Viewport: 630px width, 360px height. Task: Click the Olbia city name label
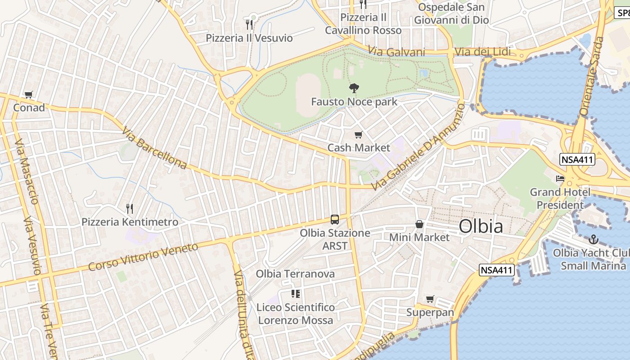point(481,226)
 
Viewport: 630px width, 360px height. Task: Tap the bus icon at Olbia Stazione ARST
point(335,220)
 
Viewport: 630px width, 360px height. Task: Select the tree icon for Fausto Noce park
point(354,88)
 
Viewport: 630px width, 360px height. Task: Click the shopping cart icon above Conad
point(29,94)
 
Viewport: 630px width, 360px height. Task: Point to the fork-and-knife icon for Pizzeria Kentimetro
point(130,208)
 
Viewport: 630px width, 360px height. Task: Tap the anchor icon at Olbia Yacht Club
point(594,239)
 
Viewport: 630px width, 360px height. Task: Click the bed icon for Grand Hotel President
point(560,179)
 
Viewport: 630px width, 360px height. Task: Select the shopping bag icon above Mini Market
point(419,224)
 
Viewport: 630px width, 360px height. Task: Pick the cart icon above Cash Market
point(359,135)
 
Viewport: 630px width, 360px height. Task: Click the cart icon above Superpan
point(430,299)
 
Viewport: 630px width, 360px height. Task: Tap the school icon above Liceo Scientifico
point(296,294)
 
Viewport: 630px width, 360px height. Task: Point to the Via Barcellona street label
point(154,148)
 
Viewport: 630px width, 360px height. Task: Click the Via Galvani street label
point(396,52)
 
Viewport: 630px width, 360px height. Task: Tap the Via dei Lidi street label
point(482,52)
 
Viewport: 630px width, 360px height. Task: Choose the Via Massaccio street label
point(26,171)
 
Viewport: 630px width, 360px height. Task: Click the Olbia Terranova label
point(295,274)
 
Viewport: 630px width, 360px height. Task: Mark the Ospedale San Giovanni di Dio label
point(451,13)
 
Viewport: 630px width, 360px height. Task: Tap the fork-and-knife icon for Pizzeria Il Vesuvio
point(249,24)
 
